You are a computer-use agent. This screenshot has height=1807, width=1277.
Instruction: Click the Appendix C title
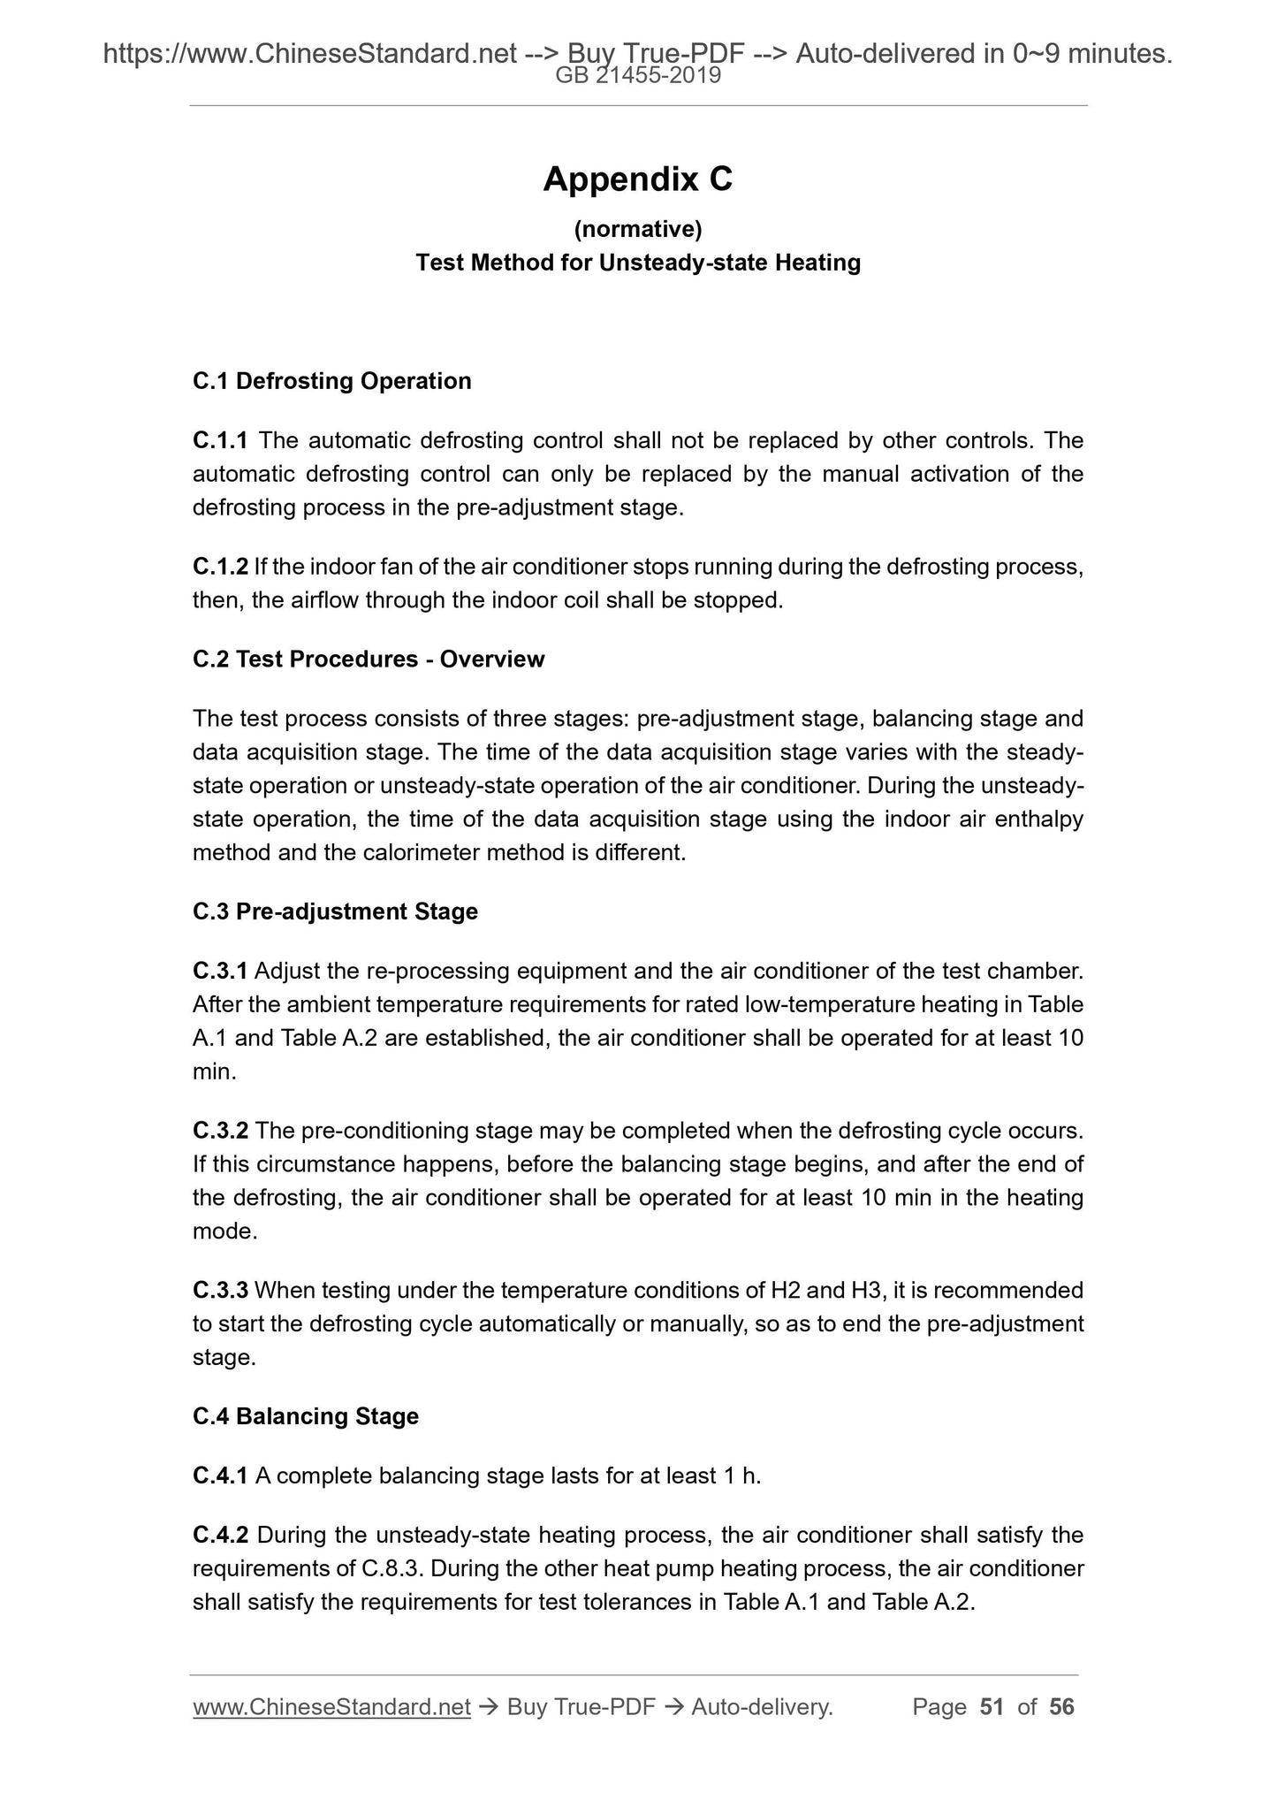(638, 179)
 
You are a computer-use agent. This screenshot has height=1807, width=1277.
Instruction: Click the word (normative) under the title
(638, 230)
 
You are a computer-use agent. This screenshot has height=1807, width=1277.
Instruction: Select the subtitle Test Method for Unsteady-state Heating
(638, 263)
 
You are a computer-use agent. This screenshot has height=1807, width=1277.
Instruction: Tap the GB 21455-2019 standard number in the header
(638, 76)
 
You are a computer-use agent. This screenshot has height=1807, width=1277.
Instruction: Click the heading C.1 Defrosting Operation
(332, 381)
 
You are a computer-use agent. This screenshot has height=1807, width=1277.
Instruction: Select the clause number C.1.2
(220, 567)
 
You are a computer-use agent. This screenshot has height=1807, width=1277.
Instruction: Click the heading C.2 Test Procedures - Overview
(369, 660)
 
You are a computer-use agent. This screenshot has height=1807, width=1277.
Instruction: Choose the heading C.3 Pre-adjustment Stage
(335, 911)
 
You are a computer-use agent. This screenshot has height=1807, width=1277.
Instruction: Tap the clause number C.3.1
(220, 972)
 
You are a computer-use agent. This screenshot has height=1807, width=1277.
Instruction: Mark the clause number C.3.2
(220, 1131)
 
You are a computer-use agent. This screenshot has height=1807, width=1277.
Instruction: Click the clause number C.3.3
(220, 1291)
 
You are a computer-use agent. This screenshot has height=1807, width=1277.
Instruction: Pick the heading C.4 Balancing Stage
(306, 1416)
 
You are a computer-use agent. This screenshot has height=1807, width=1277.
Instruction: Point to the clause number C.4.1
(220, 1475)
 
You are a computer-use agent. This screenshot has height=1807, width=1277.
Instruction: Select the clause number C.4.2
(220, 1535)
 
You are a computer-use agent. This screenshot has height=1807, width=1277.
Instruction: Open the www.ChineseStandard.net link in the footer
(331, 1707)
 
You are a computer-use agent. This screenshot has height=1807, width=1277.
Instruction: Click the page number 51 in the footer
(992, 1707)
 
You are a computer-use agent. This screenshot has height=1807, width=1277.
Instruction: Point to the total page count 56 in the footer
(1061, 1707)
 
